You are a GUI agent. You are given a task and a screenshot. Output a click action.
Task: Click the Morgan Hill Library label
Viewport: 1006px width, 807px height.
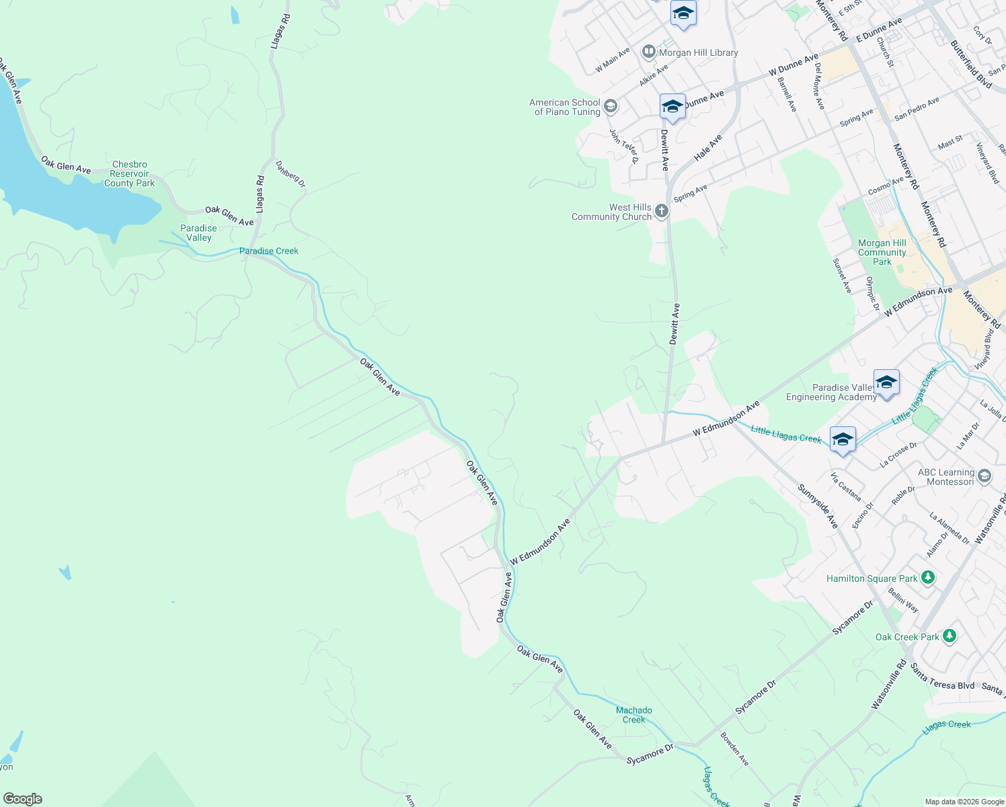[x=698, y=52]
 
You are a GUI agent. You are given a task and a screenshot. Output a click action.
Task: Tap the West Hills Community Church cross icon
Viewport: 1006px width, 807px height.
[x=661, y=212]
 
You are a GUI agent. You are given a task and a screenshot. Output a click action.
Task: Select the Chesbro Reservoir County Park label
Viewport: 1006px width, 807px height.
[x=130, y=174]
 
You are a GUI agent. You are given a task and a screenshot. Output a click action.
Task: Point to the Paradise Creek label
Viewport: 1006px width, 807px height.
[x=269, y=251]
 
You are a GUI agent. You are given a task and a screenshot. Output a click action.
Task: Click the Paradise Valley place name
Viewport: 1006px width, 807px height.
[x=198, y=233]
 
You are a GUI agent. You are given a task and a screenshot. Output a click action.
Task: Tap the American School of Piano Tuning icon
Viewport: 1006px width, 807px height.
[x=610, y=106]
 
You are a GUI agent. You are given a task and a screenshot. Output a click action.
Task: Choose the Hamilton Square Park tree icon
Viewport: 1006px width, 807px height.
[x=928, y=578]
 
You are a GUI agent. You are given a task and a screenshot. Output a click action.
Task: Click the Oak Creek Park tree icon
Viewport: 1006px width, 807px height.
[x=949, y=636]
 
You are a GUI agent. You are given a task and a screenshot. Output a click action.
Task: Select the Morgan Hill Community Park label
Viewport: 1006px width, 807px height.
[x=882, y=252]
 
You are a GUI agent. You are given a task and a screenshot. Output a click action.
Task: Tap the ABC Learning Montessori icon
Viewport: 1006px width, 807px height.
[x=984, y=476]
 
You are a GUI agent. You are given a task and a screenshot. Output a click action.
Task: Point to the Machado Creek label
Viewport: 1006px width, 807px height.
[x=633, y=715]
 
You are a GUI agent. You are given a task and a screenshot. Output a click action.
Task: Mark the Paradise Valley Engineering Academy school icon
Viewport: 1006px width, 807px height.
[x=886, y=383]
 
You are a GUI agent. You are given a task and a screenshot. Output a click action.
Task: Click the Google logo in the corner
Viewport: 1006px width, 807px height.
[x=22, y=799]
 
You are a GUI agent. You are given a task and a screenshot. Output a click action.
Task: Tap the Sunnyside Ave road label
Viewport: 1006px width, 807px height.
[x=818, y=506]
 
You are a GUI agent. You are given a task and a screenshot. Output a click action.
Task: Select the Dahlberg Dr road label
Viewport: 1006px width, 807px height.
[x=291, y=174]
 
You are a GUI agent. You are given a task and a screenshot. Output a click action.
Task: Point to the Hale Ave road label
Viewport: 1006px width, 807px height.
[x=708, y=147]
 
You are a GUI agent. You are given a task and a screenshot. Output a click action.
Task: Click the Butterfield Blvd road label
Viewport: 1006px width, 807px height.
[x=971, y=64]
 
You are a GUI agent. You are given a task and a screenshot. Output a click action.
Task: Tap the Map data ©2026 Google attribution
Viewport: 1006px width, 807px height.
[x=964, y=802]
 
